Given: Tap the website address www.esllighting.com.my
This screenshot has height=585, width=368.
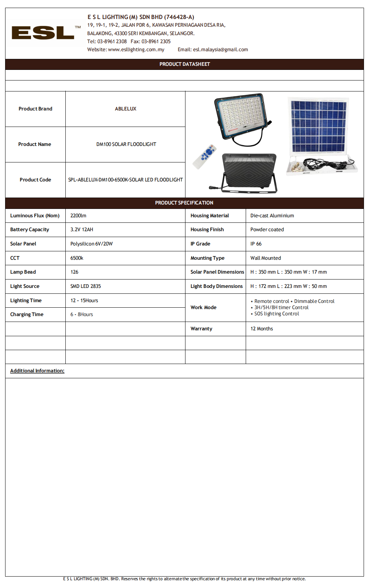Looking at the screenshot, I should point(136,50).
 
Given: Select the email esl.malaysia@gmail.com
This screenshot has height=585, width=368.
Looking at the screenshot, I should point(220,50).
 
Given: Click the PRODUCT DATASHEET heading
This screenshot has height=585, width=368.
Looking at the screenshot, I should point(184,64).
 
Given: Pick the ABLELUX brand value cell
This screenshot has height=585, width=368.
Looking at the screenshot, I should point(125,109).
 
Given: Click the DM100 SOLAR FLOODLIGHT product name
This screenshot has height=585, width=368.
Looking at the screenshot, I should point(126,145).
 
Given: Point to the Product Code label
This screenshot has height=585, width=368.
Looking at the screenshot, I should point(35,180).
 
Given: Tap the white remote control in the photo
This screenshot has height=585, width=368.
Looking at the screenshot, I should point(205,156).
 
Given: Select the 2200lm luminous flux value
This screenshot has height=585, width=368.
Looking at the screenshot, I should point(78,216).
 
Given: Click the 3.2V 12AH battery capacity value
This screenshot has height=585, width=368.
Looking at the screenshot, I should point(81,230).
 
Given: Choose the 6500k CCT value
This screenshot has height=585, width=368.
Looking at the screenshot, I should point(77,258).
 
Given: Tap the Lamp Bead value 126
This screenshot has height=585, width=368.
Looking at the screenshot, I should point(74,272).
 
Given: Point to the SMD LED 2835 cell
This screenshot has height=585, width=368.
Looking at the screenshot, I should point(85,286).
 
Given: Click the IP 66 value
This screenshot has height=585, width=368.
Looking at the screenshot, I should point(256,244).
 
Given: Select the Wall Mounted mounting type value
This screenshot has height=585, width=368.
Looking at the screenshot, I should point(265,258).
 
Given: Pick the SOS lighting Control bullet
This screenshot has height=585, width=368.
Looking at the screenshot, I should point(276,314).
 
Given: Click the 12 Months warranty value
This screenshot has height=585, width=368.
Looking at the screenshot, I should point(261,329).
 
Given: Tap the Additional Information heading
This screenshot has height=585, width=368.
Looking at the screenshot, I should point(37,371).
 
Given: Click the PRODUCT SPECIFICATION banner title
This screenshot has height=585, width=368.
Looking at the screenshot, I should point(184,203).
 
